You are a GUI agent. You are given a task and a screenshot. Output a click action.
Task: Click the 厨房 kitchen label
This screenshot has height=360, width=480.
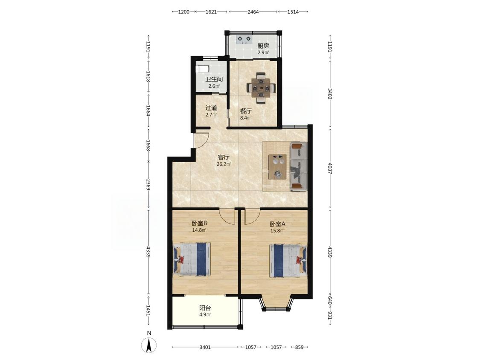263,46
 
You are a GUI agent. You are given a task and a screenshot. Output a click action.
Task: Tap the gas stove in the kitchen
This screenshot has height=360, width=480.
244,40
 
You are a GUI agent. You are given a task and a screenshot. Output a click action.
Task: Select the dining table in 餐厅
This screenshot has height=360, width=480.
261,88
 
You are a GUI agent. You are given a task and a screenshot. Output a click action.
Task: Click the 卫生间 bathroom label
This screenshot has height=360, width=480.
214,79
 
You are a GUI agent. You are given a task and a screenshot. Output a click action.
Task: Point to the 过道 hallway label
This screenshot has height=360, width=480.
211,108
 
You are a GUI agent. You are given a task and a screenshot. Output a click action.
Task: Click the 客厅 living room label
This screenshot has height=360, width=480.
224,157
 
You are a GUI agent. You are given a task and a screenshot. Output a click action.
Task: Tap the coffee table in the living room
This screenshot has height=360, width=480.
277,167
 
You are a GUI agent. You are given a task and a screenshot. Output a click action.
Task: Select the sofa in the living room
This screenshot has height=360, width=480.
298,166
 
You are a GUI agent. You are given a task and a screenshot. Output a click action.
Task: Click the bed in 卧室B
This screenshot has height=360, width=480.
192,259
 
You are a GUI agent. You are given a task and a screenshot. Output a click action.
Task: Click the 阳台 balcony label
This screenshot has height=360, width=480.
205,308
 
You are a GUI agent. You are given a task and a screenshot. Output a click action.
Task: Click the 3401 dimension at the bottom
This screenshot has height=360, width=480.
205,347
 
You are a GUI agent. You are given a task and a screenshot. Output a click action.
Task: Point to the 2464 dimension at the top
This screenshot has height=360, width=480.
253,12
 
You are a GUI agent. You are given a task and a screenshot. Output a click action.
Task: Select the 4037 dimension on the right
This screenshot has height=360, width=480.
330,168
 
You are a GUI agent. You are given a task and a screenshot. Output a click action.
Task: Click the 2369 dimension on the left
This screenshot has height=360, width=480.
148,185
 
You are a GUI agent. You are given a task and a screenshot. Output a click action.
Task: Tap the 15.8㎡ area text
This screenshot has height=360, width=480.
278,230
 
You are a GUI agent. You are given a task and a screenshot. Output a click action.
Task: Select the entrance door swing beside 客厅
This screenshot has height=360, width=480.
201,141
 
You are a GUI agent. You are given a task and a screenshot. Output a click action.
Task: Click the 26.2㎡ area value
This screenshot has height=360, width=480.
224,164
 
